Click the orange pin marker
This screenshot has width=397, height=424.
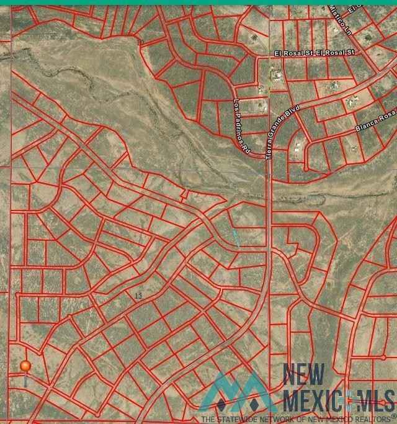coord(25,367)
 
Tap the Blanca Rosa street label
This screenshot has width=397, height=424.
coord(375,122)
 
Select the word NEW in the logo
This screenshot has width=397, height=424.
coord(304,375)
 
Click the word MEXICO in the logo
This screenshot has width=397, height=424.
coord(313,398)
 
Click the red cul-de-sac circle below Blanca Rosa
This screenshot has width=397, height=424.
coord(306,168)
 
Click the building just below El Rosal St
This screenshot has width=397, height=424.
coord(277,76)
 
